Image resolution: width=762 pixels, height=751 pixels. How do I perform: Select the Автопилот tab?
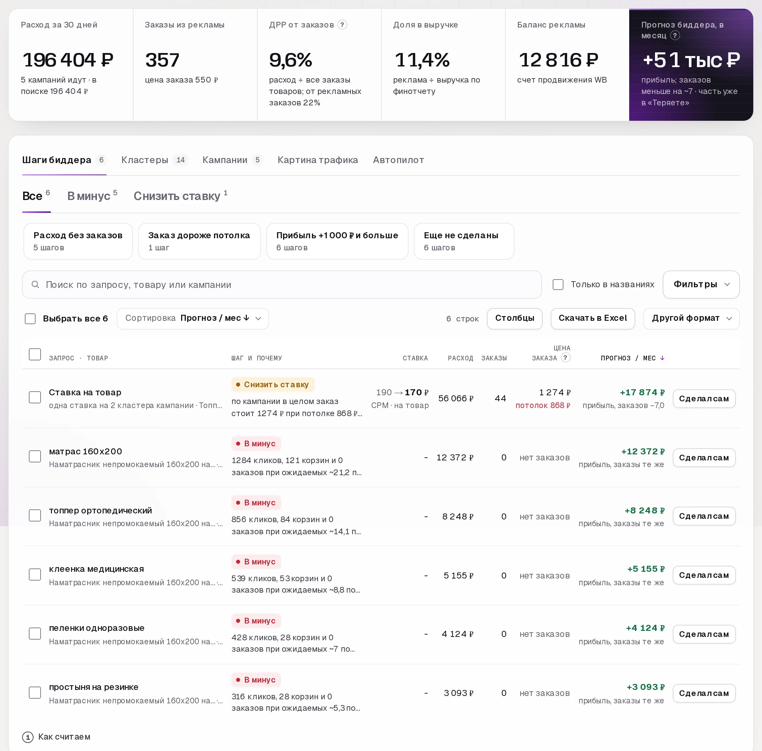(x=398, y=160)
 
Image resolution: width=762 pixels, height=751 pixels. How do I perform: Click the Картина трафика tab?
(x=317, y=160)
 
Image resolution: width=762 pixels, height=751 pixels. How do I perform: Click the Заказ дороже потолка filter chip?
(x=199, y=241)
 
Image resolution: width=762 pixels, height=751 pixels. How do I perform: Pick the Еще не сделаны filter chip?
(x=464, y=241)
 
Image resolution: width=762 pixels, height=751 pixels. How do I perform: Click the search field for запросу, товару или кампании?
(x=281, y=284)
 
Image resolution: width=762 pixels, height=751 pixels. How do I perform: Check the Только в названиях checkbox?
(x=558, y=284)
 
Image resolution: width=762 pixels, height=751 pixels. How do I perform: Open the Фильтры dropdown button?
(x=701, y=284)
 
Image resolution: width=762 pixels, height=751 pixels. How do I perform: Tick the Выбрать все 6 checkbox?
(x=31, y=318)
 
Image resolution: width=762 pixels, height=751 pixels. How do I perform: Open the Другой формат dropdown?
(x=691, y=318)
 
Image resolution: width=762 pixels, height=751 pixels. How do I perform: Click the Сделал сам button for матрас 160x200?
(x=704, y=457)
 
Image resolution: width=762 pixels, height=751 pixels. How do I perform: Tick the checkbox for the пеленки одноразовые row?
(x=35, y=634)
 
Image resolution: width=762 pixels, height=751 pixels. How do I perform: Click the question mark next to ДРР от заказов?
(x=342, y=25)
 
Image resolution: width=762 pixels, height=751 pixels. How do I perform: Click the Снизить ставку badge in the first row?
(x=272, y=384)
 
